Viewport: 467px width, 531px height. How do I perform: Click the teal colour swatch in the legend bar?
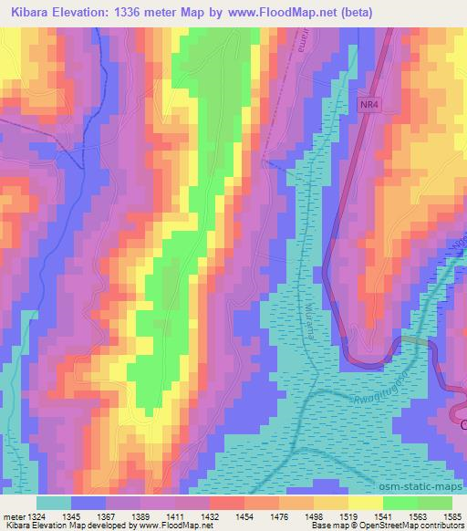pos(54,503)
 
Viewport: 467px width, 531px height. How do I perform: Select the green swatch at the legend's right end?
pos(433,503)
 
